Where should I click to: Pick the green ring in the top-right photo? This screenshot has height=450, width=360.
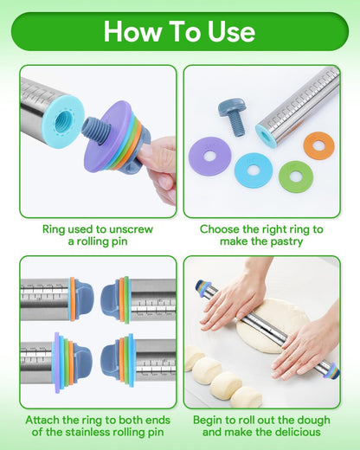pos(294,170)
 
